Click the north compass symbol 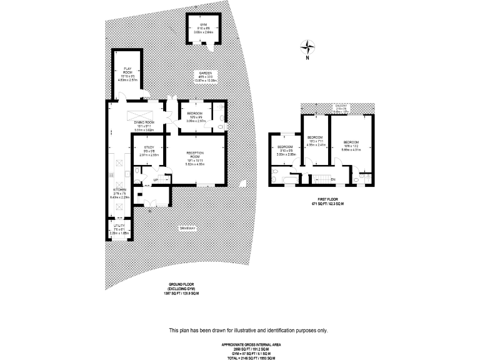(x=307, y=46)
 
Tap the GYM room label (x=203, y=24)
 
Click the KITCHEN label (x=119, y=189)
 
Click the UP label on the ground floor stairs (x=156, y=180)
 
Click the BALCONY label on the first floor (x=341, y=107)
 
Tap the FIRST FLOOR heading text (x=329, y=200)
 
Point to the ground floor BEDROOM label (x=196, y=112)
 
